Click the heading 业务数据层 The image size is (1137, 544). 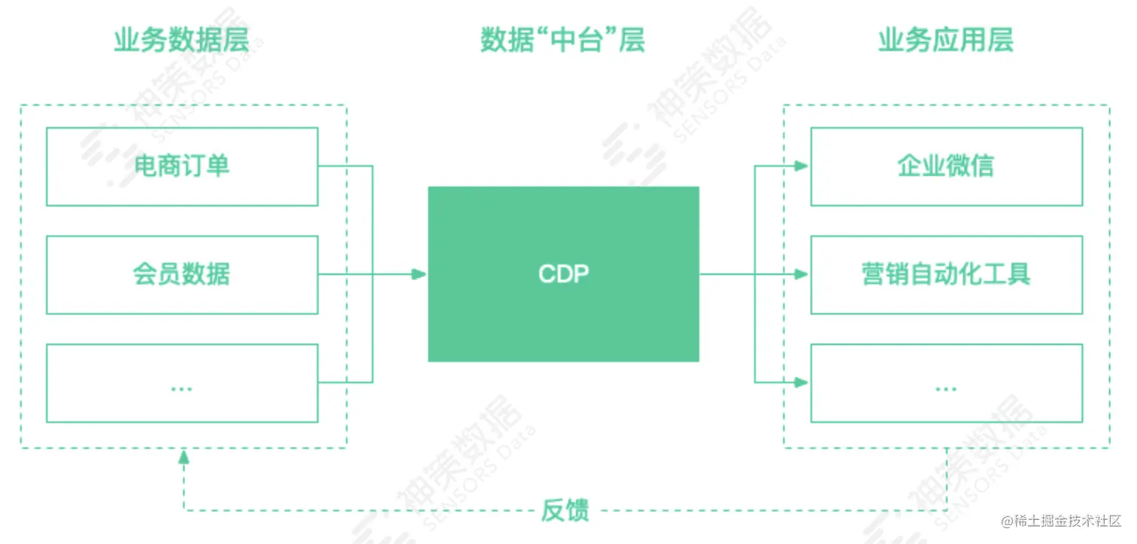(180, 41)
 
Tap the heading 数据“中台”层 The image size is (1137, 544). (562, 41)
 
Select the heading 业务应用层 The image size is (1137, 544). (946, 41)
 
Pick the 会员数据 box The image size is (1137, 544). (182, 275)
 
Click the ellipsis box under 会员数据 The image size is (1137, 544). (182, 383)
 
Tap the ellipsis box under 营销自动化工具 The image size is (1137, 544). (946, 383)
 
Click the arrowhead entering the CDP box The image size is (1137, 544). (419, 275)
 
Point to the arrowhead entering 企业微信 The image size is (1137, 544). (802, 166)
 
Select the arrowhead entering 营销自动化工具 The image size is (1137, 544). (802, 275)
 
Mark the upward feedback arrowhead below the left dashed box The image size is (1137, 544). (183, 456)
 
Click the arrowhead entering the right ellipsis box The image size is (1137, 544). (802, 382)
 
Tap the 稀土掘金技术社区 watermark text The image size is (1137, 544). (1060, 521)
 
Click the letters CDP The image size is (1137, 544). (563, 275)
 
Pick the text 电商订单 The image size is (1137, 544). (182, 166)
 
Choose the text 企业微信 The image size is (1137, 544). (946, 166)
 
